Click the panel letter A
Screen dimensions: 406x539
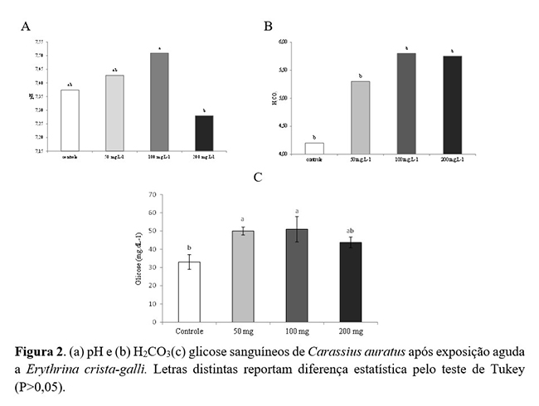coord(26,27)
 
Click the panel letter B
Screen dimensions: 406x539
coord(268,26)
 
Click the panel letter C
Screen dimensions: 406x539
coord(258,177)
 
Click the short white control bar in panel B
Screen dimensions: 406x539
coord(313,148)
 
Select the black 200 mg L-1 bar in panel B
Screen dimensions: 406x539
coord(453,105)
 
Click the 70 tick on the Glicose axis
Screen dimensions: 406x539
coord(151,195)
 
